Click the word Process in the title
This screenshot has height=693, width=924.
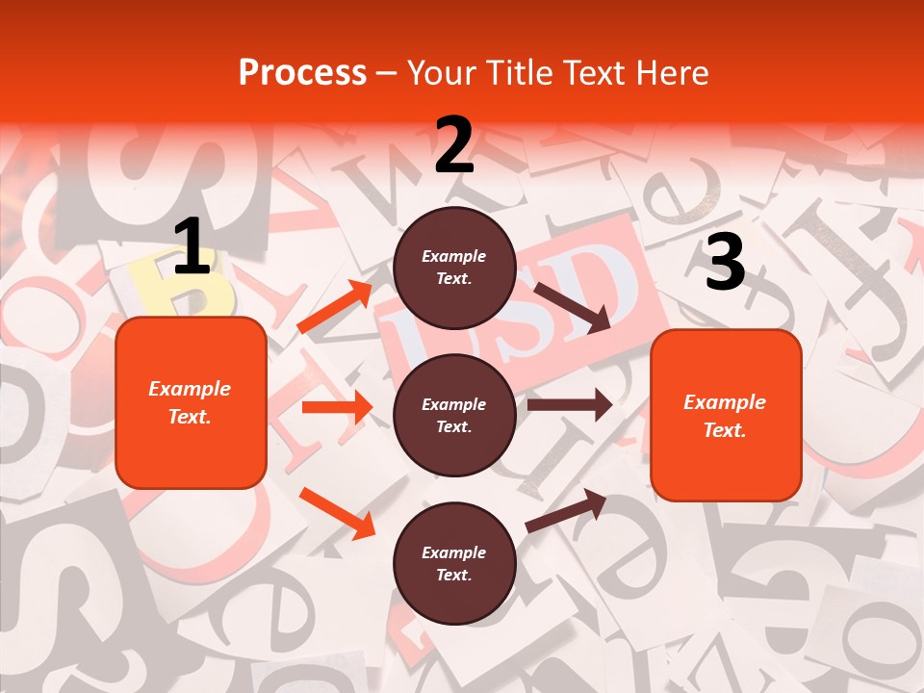pyautogui.click(x=302, y=72)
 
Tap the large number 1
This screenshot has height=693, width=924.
pyautogui.click(x=192, y=247)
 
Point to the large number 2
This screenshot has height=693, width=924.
pyautogui.click(x=454, y=145)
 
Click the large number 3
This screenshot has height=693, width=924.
pyautogui.click(x=725, y=263)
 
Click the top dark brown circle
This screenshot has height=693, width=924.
pyautogui.click(x=454, y=268)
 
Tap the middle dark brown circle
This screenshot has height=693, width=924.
pyautogui.click(x=454, y=415)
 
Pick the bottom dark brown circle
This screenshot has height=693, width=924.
pyautogui.click(x=454, y=563)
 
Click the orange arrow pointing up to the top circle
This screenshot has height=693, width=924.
pyautogui.click(x=335, y=307)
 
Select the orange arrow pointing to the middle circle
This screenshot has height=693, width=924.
pyautogui.click(x=337, y=407)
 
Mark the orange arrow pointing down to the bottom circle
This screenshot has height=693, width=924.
pyautogui.click(x=337, y=513)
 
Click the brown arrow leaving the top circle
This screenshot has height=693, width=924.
pyautogui.click(x=572, y=307)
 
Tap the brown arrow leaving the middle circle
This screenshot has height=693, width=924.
pyautogui.click(x=570, y=404)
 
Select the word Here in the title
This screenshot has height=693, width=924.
pyautogui.click(x=671, y=72)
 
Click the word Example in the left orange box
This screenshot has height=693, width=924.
pyautogui.click(x=190, y=389)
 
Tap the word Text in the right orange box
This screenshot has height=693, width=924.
pyautogui.click(x=724, y=430)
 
